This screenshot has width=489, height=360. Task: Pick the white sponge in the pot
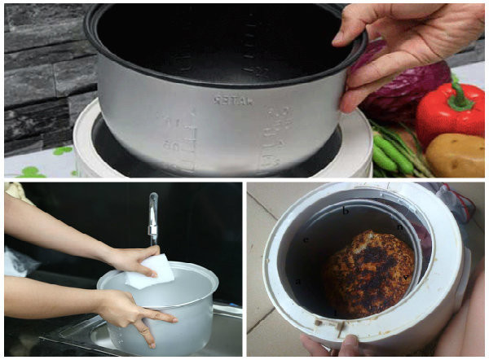[151, 270]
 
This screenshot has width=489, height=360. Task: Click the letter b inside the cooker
[346, 211]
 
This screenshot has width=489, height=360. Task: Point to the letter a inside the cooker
[299, 281]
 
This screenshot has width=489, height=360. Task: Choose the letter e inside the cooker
[306, 240]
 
